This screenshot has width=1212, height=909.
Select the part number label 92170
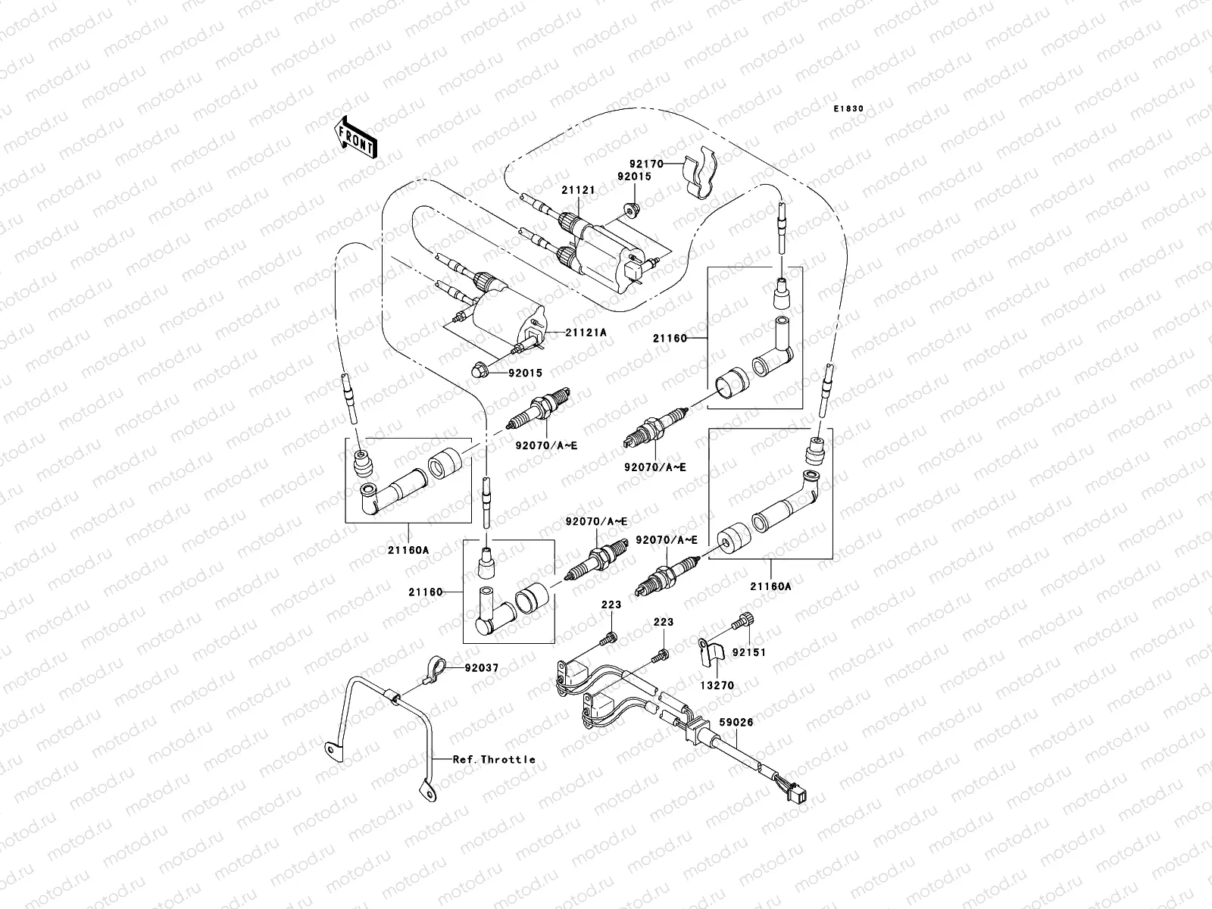[x=646, y=163]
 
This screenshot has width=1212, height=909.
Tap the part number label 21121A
[x=584, y=333]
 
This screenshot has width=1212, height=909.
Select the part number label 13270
[x=717, y=686]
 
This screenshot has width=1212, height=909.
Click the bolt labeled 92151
[x=742, y=622]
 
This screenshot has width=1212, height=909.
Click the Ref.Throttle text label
[x=494, y=759]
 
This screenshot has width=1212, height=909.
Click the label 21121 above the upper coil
[x=578, y=192]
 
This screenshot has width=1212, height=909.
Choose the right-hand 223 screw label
[x=664, y=622]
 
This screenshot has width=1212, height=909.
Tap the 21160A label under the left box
[x=410, y=551]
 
